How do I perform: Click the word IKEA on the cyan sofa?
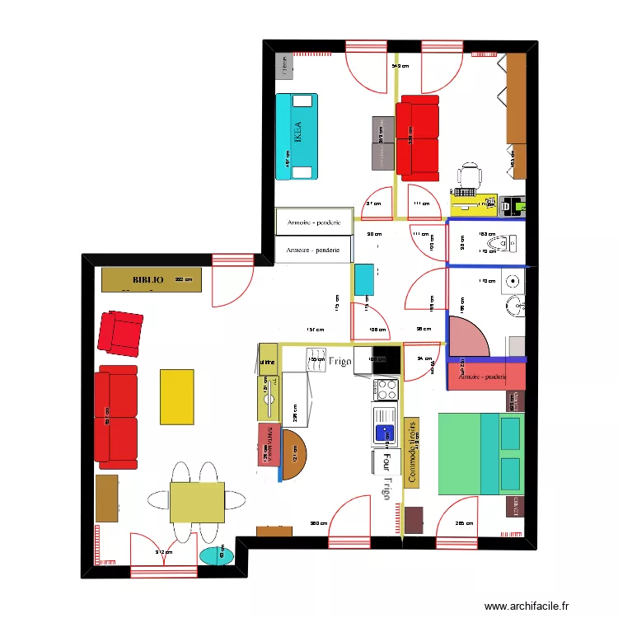[x=297, y=133]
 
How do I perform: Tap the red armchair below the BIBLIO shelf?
[x=120, y=334]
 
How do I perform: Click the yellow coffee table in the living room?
[x=176, y=396]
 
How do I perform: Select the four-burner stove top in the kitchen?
[x=386, y=388]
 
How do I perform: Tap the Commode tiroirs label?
[x=410, y=451]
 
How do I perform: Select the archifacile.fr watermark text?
[x=526, y=606]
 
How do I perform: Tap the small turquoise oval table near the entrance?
[x=217, y=555]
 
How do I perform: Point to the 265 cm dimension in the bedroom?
[x=464, y=522]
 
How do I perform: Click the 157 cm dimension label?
[x=314, y=331]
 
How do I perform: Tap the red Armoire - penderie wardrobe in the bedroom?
[x=486, y=377]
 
